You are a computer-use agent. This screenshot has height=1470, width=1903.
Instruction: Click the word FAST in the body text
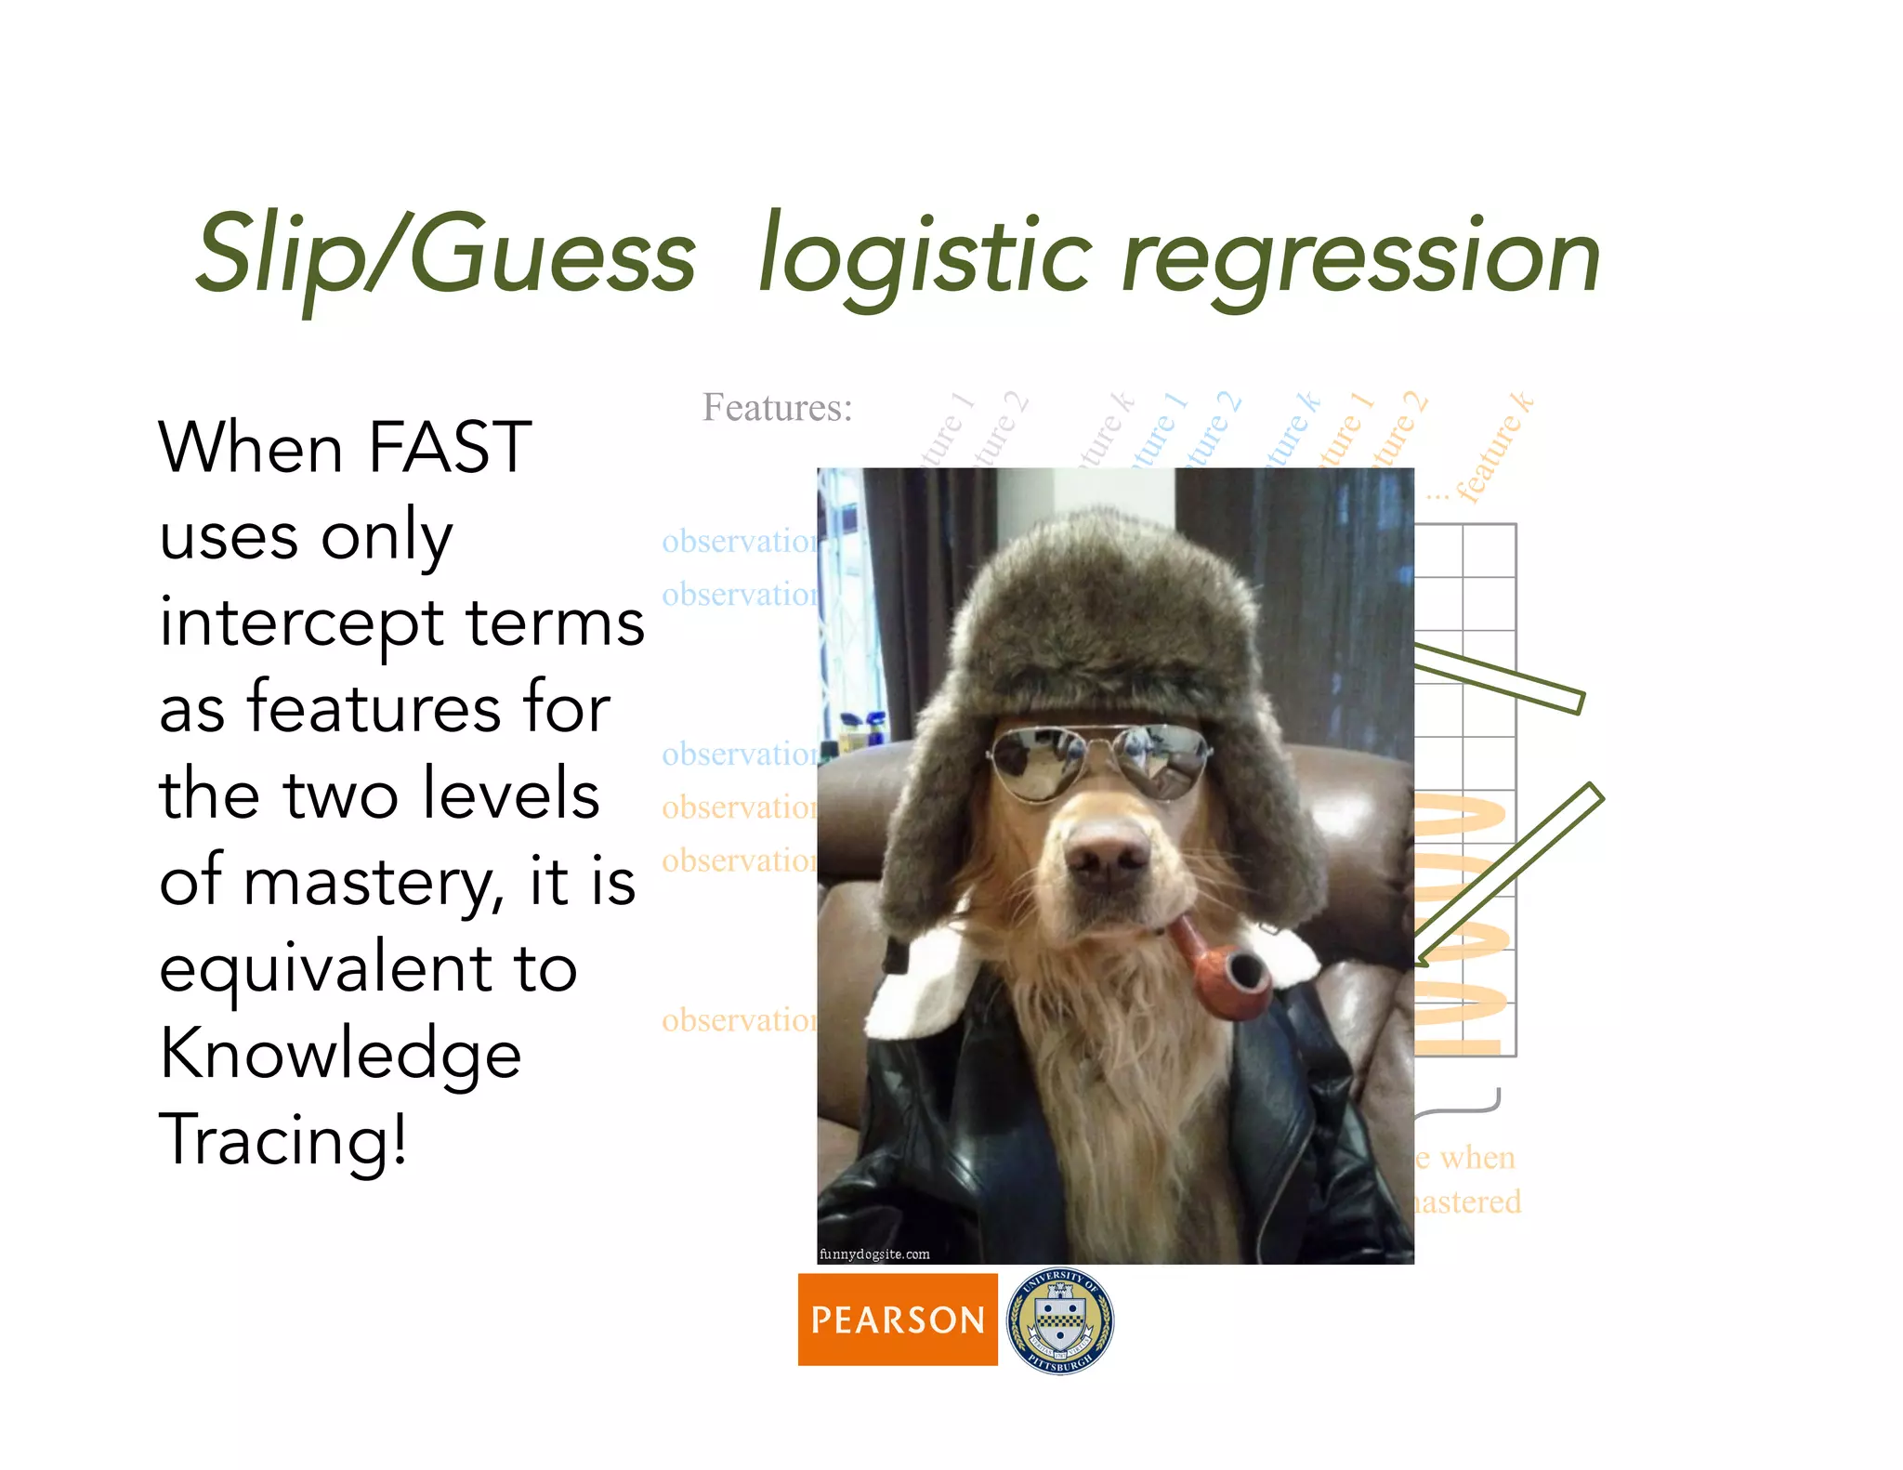pos(450,448)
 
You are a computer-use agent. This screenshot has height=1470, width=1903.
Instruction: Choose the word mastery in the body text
pos(372,882)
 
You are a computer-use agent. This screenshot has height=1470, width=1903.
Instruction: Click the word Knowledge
pos(340,1055)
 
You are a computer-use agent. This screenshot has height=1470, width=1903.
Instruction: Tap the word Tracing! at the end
pos(283,1139)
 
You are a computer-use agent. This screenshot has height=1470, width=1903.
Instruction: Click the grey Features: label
pos(777,408)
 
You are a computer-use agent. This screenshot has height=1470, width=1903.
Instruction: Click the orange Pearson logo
pos(897,1319)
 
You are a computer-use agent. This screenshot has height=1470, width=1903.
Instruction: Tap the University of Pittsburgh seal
pos(1060,1320)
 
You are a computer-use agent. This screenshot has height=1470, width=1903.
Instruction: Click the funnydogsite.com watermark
pos(874,1254)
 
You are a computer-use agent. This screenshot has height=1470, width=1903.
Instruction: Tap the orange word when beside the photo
pos(1477,1158)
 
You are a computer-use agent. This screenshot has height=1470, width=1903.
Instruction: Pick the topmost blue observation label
pos(740,542)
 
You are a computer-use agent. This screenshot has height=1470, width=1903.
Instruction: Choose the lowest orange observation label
pos(740,1020)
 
